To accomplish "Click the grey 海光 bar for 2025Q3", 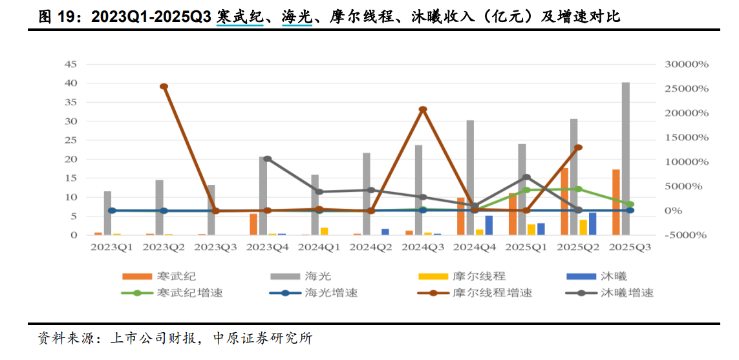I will coord(625,158).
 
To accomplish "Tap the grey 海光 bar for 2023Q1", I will coord(107,213).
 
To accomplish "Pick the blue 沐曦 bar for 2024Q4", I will coord(489,225).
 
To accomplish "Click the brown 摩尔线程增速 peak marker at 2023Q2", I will coord(164,87).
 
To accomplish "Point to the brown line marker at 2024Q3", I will coord(423,110).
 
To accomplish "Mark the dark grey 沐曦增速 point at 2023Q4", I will coord(268,159).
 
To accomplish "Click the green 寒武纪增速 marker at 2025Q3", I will coord(630,204).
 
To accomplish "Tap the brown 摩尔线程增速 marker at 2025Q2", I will coord(579,147).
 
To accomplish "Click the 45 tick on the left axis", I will coord(70,64).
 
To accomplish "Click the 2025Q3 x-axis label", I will coord(630,247).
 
